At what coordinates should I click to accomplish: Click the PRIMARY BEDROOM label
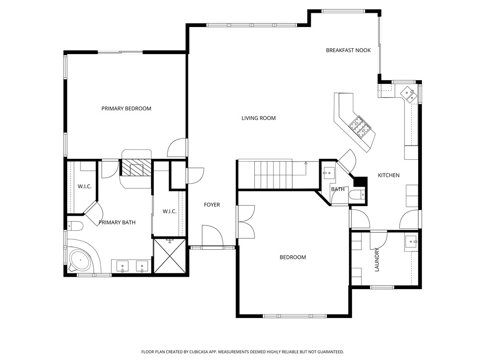click(x=126, y=109)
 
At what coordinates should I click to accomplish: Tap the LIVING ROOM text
click(x=258, y=118)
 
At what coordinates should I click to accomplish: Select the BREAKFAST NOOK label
click(x=348, y=50)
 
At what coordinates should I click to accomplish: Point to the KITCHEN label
click(x=388, y=175)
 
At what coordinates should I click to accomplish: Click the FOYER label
click(x=212, y=205)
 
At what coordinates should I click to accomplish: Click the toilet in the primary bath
click(x=75, y=225)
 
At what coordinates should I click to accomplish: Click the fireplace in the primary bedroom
click(x=136, y=168)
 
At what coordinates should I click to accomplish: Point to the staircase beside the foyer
click(x=272, y=174)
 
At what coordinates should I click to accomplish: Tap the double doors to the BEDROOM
click(x=246, y=221)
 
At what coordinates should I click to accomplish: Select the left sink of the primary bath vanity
click(x=123, y=267)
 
